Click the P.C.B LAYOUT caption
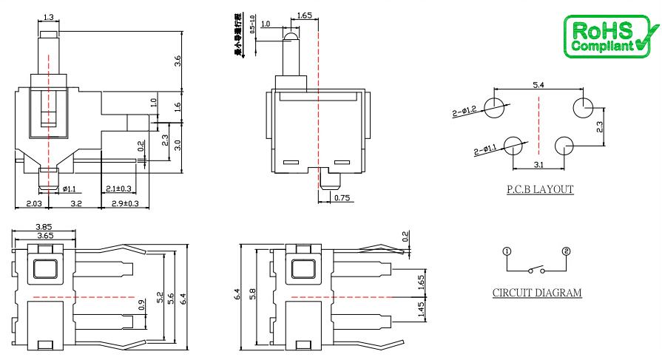tap(540, 189)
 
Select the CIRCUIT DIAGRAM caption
tap(537, 293)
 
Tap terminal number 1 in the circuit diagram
tap(507, 251)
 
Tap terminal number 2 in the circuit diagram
tap(567, 251)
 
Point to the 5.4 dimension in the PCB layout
tap(538, 86)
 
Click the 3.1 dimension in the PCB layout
tap(538, 164)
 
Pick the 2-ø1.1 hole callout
tap(488, 152)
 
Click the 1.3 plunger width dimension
tap(49, 17)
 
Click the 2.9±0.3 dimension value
tap(124, 202)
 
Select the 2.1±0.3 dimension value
tap(118, 188)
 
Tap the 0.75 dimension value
tap(342, 197)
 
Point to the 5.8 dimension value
tap(251, 293)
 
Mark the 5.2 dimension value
tap(159, 295)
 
